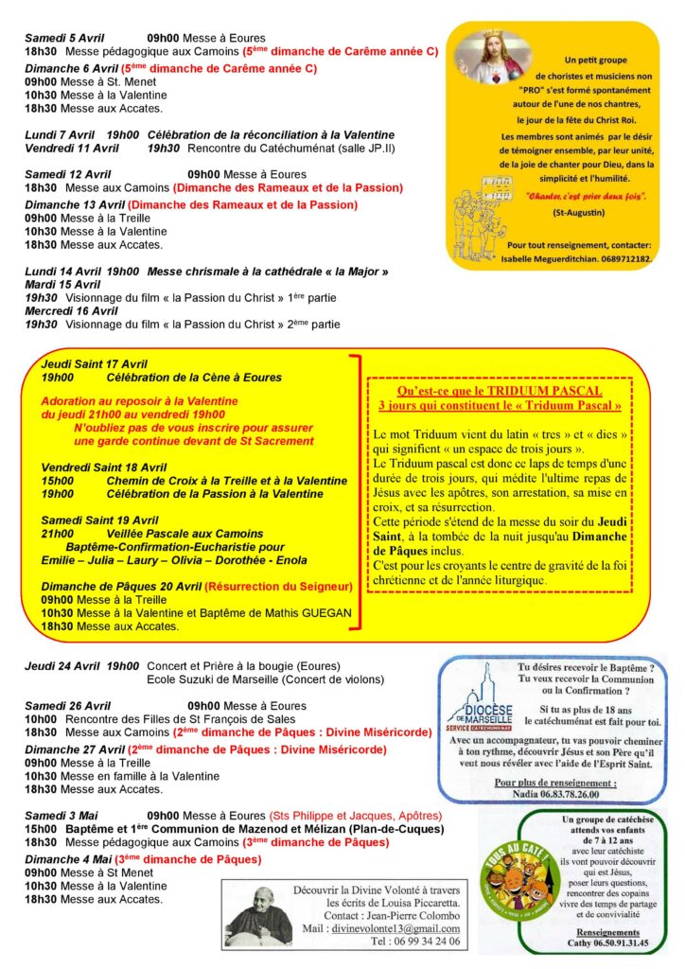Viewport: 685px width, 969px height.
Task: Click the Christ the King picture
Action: tap(488, 58)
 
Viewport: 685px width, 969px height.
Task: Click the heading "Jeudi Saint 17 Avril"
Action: tap(94, 363)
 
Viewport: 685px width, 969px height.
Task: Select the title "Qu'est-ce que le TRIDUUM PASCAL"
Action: tap(500, 391)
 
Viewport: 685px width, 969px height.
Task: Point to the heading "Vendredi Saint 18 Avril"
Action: tap(104, 467)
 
